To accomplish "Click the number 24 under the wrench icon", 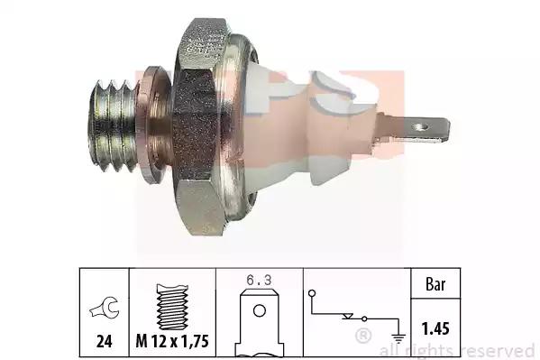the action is (104, 341).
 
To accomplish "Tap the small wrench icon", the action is (105, 308).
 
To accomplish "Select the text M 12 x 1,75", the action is (172, 341).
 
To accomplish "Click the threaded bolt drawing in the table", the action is (172, 307).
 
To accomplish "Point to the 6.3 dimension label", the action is (259, 280).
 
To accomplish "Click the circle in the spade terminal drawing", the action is (260, 310).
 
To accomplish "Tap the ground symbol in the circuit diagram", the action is (398, 338).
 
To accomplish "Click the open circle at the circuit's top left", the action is (312, 293).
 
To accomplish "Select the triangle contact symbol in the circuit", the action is (347, 316).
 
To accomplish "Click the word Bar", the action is (435, 284).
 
